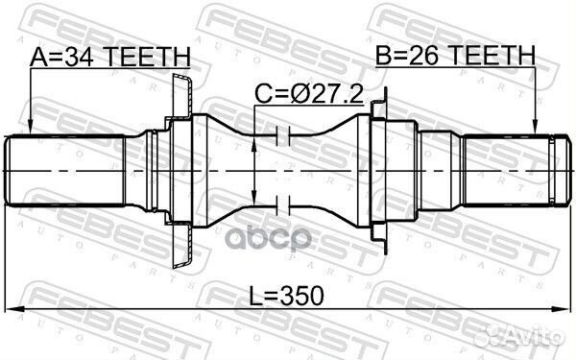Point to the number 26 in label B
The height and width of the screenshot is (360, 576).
click(x=423, y=57)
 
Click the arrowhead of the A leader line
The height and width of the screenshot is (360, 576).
click(x=31, y=128)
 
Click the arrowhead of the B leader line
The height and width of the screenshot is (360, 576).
click(x=535, y=128)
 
